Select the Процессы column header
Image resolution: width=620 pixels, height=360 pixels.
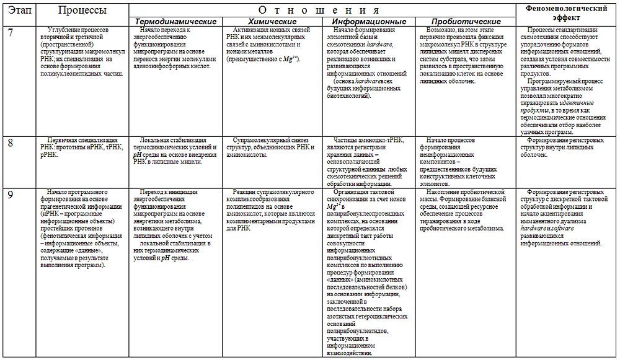click(82, 11)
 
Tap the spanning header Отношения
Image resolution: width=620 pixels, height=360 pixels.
click(322, 10)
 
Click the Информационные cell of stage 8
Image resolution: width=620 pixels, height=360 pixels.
click(370, 162)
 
